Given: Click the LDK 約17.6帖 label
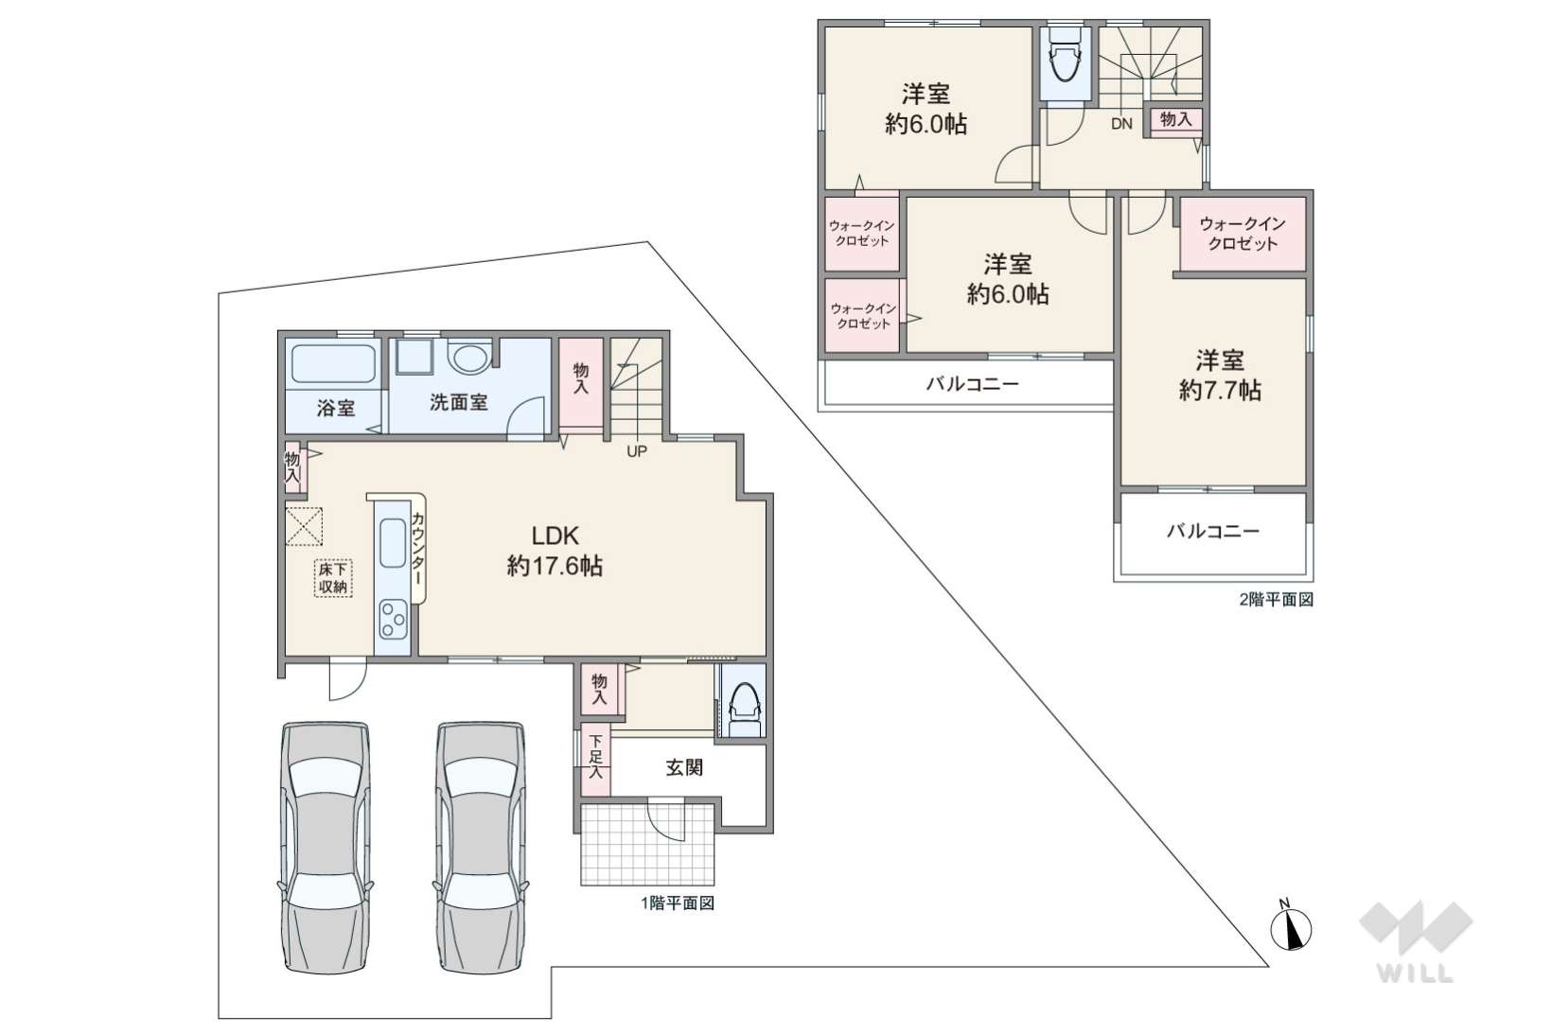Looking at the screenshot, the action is click(555, 551).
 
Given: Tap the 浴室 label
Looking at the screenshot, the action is click(336, 408).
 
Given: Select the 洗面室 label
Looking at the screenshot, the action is click(458, 402).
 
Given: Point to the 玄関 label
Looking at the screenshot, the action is click(684, 767).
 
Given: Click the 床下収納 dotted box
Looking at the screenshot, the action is click(333, 578).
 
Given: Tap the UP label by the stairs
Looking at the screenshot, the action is click(636, 451).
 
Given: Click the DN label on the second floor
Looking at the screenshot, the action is click(1121, 123).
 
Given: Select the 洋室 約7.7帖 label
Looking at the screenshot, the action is click(1220, 376).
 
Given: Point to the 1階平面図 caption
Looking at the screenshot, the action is click(678, 903).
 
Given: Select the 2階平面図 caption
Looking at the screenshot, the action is click(1277, 600).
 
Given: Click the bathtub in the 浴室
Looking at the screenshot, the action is click(333, 364).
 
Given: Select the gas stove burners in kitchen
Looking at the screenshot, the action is click(393, 619).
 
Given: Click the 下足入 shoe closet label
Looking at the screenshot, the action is click(595, 759).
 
